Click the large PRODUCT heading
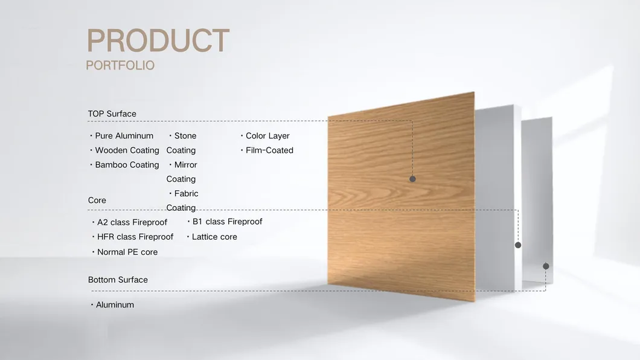coord(158,40)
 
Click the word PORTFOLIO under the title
coord(120,65)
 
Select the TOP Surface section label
coord(112,114)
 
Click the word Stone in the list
coord(185,135)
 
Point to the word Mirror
coord(186,165)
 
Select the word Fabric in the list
coord(186,193)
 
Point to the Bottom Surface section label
coord(118,280)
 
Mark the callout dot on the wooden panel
coord(412,179)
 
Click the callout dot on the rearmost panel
coord(546,266)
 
